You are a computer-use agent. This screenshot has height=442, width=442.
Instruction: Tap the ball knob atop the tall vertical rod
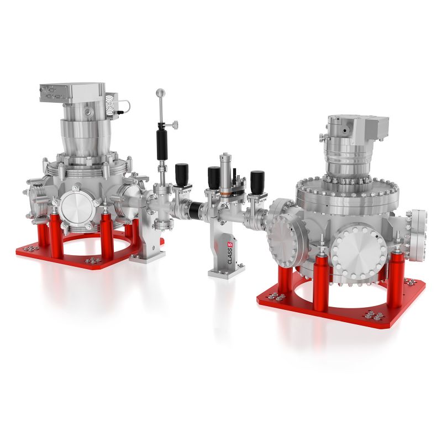coord(160,92)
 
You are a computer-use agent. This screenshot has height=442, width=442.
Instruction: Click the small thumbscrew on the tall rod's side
coord(175,126)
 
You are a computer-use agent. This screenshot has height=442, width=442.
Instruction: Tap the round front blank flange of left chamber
coord(78,210)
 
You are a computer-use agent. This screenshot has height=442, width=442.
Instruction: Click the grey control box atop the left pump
coord(71,94)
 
